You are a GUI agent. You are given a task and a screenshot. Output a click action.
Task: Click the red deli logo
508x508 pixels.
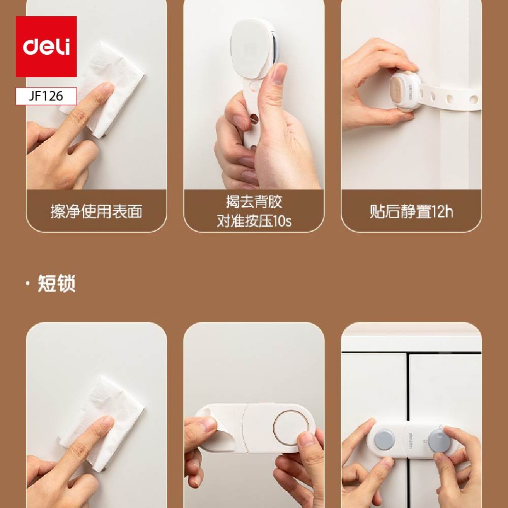[x=46, y=47]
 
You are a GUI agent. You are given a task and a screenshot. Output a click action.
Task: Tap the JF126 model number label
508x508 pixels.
[x=46, y=96]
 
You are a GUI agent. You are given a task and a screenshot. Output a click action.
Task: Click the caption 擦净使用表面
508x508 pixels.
[x=96, y=211]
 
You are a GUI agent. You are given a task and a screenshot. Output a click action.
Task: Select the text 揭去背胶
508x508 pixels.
[x=254, y=202]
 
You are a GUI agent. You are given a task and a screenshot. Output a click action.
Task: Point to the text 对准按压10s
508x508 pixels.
[x=254, y=221]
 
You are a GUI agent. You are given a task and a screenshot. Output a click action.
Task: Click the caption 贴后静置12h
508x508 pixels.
[x=411, y=211]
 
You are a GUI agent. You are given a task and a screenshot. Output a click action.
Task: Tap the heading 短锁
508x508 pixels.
[x=57, y=283]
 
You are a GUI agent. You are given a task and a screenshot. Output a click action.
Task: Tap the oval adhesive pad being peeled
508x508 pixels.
[x=252, y=49]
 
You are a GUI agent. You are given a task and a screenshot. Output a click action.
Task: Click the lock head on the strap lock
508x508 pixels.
[x=405, y=92]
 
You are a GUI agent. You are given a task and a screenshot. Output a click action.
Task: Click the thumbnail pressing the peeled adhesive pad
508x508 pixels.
[x=279, y=74]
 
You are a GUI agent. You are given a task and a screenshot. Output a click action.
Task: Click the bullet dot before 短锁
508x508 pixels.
[x=28, y=283]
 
